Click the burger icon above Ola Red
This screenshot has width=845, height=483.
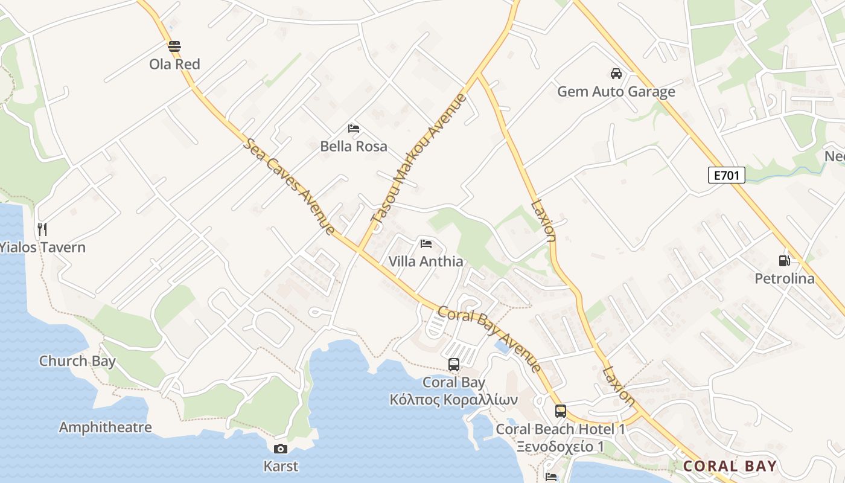[x=174, y=46]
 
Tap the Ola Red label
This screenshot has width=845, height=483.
[x=174, y=64]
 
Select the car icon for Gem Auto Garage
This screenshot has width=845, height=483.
[x=616, y=74]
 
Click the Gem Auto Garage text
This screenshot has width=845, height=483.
[x=616, y=92]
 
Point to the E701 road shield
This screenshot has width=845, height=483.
[x=726, y=175]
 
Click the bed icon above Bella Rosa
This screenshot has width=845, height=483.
[x=354, y=129]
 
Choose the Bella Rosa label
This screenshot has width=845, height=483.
[x=354, y=146]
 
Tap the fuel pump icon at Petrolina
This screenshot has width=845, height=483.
[x=784, y=261]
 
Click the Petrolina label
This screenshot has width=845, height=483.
[x=784, y=278]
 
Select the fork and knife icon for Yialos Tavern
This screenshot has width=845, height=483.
[x=42, y=229]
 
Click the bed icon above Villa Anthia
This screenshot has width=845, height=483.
[x=426, y=244]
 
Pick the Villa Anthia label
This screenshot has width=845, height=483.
[x=426, y=261]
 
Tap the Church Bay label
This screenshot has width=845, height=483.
[x=77, y=361]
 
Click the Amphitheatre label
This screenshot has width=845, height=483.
[x=105, y=427]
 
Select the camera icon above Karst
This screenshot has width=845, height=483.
[x=281, y=449]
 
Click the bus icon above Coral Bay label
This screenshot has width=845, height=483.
[x=454, y=365]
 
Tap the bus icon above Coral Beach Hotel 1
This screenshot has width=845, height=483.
[x=561, y=411]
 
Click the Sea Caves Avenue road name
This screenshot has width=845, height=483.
[x=289, y=187]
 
